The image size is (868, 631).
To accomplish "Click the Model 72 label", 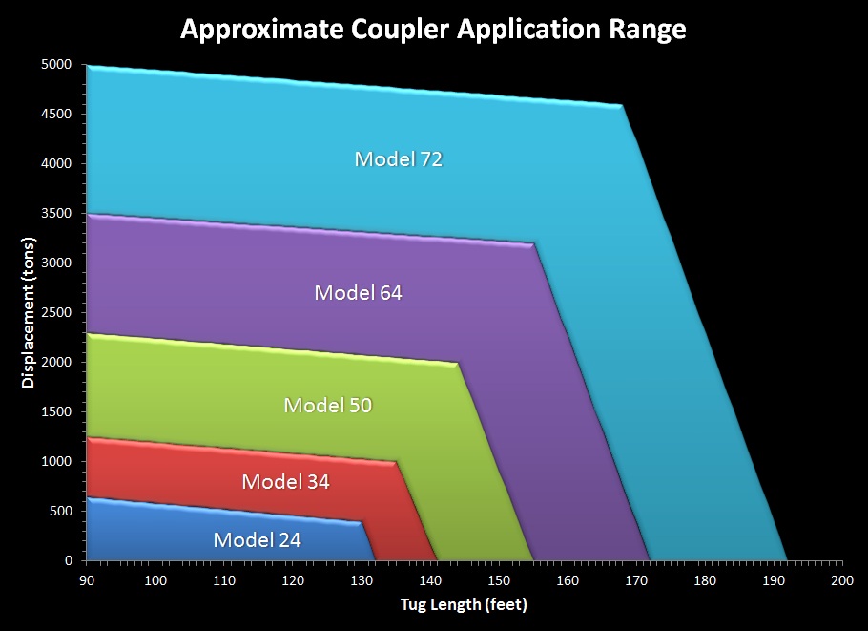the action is click(399, 159).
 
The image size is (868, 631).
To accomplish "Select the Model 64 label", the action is click(358, 293).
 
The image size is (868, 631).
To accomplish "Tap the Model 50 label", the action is click(328, 406).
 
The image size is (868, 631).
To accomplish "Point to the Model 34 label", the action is click(285, 482).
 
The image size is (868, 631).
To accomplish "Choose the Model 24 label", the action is click(257, 540).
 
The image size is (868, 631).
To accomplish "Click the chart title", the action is click(433, 30).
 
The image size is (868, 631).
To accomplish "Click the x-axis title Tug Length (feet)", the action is click(464, 604).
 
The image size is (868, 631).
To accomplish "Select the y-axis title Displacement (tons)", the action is click(28, 312).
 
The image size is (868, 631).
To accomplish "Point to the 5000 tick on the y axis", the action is click(56, 64).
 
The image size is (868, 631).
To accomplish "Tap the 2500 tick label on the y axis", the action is click(56, 312).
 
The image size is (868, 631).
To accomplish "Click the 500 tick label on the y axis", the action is click(61, 511).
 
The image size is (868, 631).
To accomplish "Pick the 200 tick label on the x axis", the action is click(842, 580).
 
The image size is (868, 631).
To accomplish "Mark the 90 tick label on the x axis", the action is click(87, 580).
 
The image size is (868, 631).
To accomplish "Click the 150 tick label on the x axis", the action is click(499, 580).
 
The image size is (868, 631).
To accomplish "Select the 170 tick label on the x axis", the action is click(636, 580).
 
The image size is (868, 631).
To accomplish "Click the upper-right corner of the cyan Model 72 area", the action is click(623, 105).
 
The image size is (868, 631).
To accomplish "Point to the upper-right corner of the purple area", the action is click(534, 242).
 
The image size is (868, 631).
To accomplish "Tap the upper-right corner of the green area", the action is click(458, 363).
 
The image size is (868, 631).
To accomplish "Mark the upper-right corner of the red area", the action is click(396, 461).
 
